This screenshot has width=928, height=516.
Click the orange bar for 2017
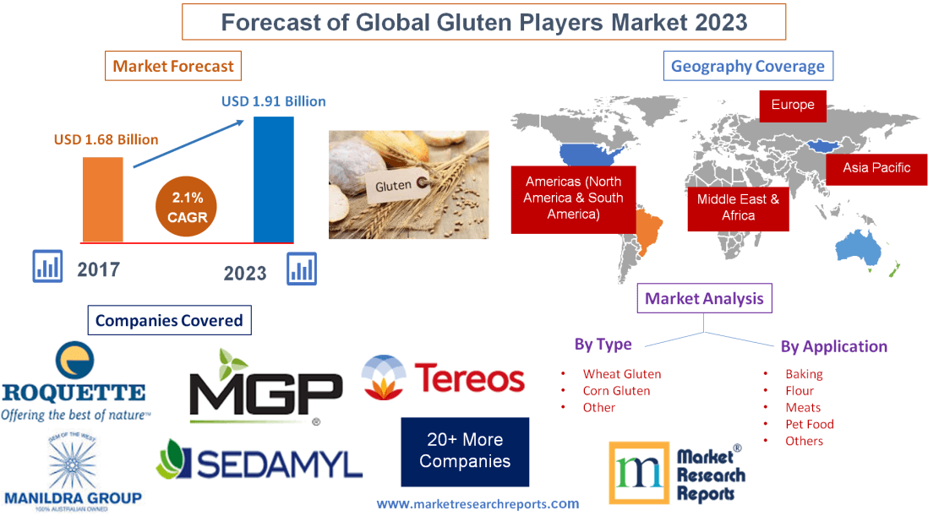[102, 199]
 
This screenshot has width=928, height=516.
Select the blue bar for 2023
[274, 179]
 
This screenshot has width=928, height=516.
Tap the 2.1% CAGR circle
[187, 207]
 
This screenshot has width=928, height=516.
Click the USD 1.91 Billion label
[274, 101]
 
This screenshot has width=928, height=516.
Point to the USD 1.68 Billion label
[106, 139]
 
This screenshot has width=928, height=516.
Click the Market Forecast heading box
[173, 66]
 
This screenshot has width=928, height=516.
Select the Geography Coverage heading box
[747, 66]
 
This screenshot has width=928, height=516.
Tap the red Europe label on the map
[792, 106]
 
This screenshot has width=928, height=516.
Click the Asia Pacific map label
[876, 167]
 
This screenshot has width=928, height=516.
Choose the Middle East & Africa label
[738, 208]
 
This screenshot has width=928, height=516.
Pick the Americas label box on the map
[572, 198]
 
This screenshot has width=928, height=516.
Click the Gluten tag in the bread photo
[394, 185]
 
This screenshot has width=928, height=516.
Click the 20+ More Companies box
[465, 451]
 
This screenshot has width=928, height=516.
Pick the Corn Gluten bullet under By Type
[616, 391]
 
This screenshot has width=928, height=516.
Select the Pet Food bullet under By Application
[809, 424]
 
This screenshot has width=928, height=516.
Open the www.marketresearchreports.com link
[478, 503]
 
